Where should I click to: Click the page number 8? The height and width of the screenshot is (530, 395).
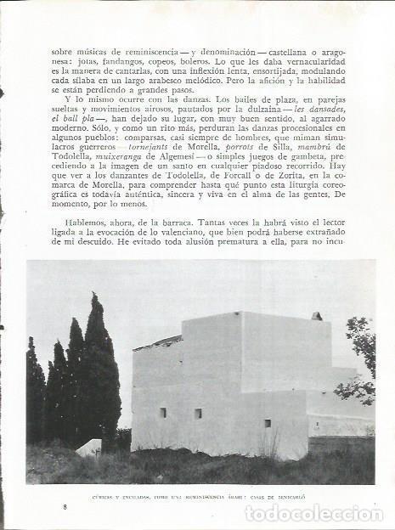(65, 506)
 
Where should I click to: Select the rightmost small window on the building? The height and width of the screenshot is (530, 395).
(267, 423)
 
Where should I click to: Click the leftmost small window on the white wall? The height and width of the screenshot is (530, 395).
(162, 412)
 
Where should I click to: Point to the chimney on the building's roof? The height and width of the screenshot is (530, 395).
(316, 316)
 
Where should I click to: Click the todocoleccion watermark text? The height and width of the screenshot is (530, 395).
(313, 513)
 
